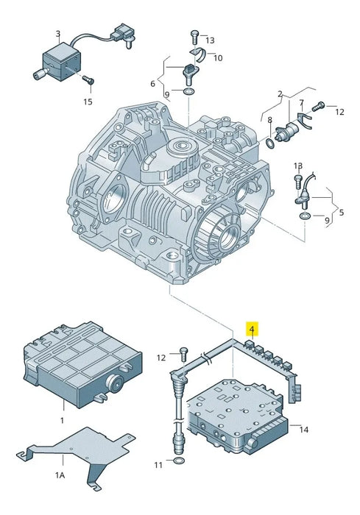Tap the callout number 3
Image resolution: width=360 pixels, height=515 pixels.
click(x=58, y=33)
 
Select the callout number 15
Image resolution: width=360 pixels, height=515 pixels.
click(x=88, y=101)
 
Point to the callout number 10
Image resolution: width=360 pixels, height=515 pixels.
click(x=219, y=57)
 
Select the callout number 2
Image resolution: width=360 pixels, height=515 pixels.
click(x=280, y=94)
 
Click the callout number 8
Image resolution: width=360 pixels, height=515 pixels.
click(x=270, y=120)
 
